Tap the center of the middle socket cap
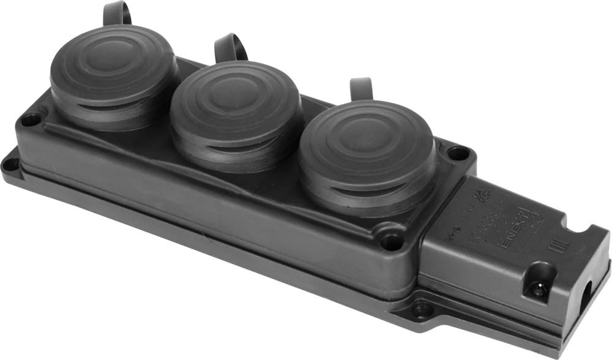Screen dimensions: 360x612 (x=236, y=98)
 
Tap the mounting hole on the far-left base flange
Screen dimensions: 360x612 (x=10, y=164)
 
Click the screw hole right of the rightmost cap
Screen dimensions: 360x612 (x=458, y=153)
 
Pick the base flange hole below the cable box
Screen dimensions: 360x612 (x=421, y=310)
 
